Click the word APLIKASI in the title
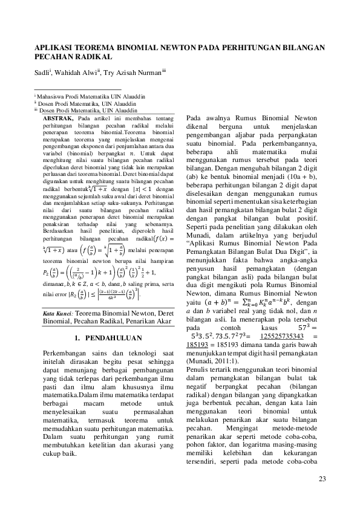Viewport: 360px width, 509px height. (x=54, y=47)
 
